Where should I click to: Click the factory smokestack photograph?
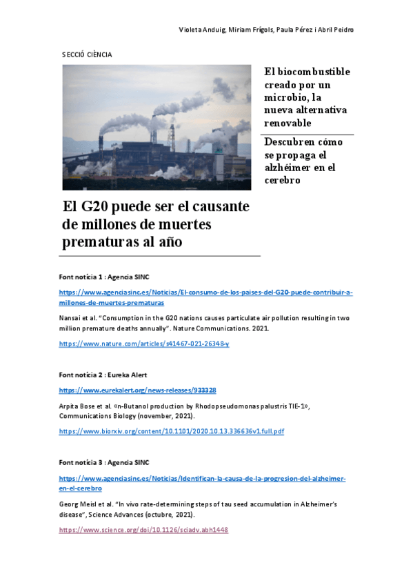(157, 127)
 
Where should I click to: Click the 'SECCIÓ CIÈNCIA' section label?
(87, 54)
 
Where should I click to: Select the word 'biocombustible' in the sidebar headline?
(308, 72)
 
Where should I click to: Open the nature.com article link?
(144, 343)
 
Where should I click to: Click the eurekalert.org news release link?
(137, 390)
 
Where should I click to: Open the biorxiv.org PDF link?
(171, 431)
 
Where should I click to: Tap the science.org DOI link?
(143, 530)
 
